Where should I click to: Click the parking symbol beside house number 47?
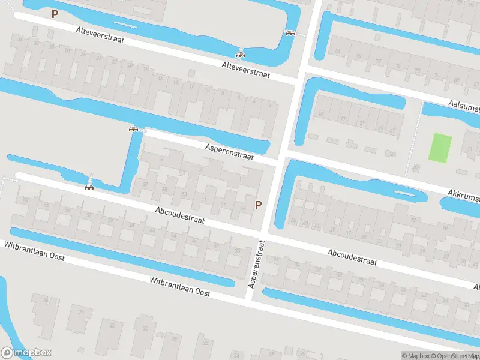(259, 205)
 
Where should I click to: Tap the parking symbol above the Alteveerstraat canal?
(55, 14)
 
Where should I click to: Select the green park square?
(440, 147)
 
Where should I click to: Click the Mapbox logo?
(26, 353)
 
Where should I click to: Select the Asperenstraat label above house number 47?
(229, 151)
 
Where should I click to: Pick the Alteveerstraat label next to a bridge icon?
(245, 70)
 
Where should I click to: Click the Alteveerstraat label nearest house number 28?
(100, 36)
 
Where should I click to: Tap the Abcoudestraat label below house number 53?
(179, 216)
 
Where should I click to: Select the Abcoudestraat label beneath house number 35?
(352, 257)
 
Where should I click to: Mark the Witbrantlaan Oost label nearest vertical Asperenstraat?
(180, 287)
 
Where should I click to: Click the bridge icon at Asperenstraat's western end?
(134, 128)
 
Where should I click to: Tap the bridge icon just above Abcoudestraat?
(89, 187)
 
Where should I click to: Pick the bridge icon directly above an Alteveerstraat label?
(241, 56)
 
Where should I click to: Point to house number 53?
(184, 194)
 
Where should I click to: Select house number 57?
(146, 184)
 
